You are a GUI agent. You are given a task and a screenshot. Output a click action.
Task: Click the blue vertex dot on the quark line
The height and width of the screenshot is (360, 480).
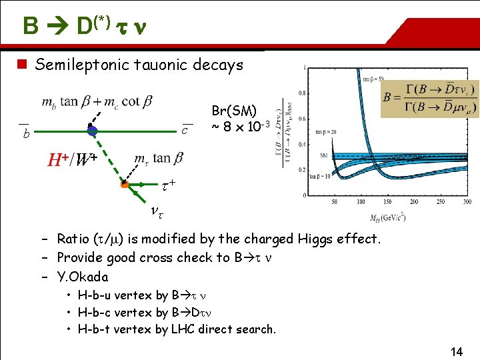(93, 131)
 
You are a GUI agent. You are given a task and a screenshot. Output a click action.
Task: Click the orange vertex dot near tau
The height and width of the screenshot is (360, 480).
(124, 184)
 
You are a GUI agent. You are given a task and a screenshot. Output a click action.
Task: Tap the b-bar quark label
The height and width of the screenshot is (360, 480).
(25, 135)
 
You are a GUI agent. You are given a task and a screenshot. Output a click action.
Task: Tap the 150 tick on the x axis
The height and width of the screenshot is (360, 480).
(389, 201)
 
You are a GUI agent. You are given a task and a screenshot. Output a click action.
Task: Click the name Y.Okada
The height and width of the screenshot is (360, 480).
(83, 277)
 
